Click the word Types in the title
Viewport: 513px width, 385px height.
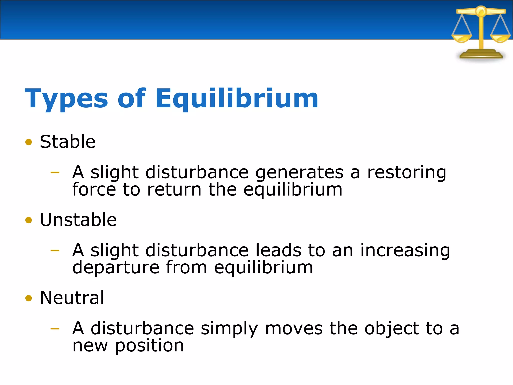point(66,99)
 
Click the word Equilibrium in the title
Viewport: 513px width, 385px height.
point(236,99)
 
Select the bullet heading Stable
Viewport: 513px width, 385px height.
point(67,142)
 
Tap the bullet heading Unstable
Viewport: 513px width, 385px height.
point(78,220)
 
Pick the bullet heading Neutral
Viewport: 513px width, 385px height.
point(72,298)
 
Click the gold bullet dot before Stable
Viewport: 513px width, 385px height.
point(29,142)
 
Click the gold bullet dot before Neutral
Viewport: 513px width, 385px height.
point(29,298)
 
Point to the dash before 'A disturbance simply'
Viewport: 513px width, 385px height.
point(55,328)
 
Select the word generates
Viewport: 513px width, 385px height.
point(299,173)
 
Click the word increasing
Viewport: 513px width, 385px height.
point(405,251)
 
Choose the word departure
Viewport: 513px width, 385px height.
point(116,268)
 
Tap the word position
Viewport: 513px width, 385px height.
point(150,346)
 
